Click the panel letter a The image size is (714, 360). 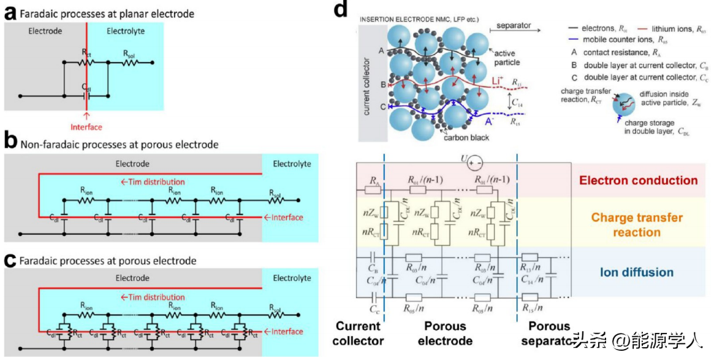(9, 12)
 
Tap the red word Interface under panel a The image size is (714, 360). (86, 127)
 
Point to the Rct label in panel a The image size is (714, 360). (86, 54)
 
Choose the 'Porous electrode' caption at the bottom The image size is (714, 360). (445, 334)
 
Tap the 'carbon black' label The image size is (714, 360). (467, 137)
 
